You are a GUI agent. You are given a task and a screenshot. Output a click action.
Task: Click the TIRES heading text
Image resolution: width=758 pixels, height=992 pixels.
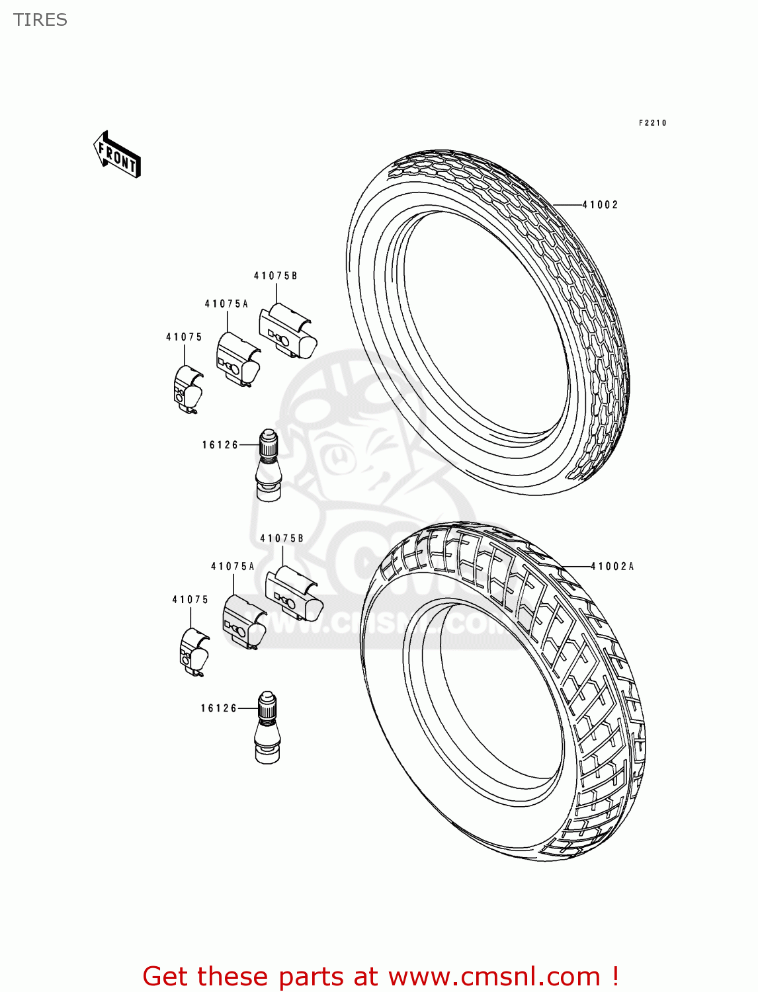coord(40,20)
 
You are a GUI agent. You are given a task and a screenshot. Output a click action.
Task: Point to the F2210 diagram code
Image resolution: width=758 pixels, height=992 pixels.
coord(652,123)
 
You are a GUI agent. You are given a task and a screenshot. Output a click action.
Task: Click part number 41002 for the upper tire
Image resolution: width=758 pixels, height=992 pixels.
coord(600,205)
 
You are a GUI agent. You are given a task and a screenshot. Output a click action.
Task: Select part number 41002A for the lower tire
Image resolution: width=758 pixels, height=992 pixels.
coord(612,567)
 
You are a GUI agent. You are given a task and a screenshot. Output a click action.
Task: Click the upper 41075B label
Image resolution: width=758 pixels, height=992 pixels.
coord(276,276)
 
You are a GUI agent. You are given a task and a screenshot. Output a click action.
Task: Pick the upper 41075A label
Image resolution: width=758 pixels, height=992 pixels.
coord(226,304)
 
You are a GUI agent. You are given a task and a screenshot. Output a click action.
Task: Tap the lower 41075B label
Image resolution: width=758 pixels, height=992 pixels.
coord(282,539)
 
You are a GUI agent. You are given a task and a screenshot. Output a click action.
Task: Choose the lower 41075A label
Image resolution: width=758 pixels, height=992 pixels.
coord(233,567)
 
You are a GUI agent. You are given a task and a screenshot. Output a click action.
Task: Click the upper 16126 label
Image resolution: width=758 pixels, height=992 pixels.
coord(220,445)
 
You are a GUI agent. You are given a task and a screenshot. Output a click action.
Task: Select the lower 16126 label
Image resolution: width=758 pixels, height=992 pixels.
coord(219,708)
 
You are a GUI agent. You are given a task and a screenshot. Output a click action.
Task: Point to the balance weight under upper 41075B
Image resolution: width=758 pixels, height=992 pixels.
coord(287,330)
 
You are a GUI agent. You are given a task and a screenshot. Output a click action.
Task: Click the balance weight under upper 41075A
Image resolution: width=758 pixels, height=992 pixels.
coord(237,359)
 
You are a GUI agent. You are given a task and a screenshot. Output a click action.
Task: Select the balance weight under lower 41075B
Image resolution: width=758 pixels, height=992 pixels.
coord(294,593)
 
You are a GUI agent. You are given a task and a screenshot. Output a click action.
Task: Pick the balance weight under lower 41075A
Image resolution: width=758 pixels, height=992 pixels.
coord(244,622)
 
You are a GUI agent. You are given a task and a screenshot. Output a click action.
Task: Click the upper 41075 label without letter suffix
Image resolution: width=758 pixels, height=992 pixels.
coord(184,337)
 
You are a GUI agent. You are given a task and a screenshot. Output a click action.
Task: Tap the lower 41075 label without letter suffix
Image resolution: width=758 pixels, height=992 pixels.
coord(190,600)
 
